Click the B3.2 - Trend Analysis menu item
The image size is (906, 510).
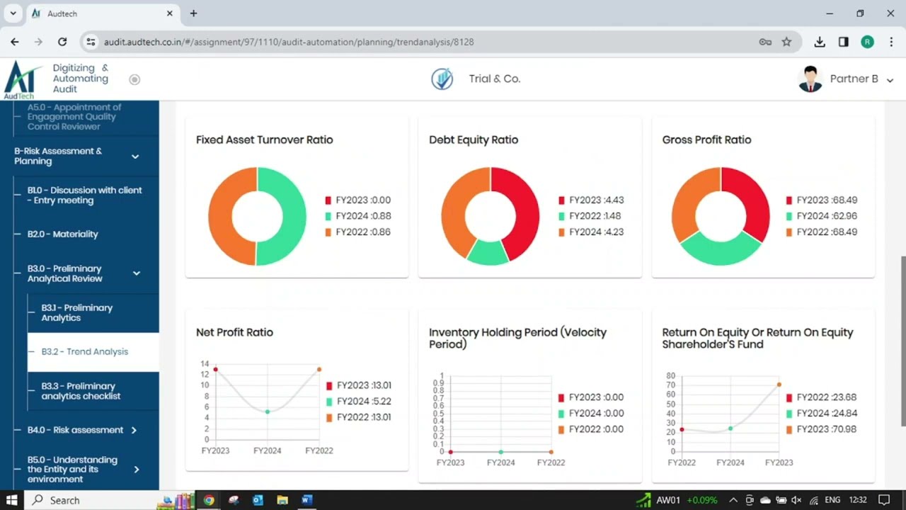85,352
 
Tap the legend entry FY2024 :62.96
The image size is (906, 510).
826,216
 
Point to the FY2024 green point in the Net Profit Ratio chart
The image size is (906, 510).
268,412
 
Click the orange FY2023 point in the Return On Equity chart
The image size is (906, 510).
779,385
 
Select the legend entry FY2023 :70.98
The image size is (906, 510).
826,429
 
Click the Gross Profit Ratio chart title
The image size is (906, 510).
706,140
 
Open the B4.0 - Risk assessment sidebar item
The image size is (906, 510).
76,430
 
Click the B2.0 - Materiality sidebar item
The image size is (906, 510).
63,234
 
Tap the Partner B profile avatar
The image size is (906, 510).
810,79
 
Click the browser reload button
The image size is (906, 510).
62,42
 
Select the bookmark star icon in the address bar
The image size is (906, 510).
786,42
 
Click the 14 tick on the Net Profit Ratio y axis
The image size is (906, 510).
205,364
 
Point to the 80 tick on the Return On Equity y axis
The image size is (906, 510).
671,376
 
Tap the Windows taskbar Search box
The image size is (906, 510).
65,500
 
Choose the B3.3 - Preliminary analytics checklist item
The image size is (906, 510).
81,391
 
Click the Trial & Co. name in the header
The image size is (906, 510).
494,79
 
